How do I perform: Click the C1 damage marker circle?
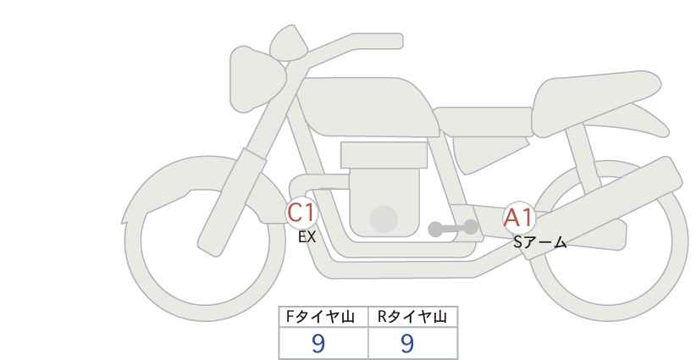(x=301, y=213)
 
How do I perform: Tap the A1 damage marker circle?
(x=518, y=218)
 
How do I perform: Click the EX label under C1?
(x=307, y=237)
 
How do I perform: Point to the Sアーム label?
(x=539, y=242)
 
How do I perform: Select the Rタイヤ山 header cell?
(x=413, y=317)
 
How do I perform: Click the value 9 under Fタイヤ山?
(x=318, y=343)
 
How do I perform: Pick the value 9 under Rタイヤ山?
(x=407, y=343)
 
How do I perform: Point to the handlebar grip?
(x=378, y=42)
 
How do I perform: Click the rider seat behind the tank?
(x=483, y=121)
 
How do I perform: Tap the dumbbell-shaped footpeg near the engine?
(x=453, y=228)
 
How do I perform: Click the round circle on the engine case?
(x=384, y=219)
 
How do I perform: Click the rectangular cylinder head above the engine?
(x=384, y=155)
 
